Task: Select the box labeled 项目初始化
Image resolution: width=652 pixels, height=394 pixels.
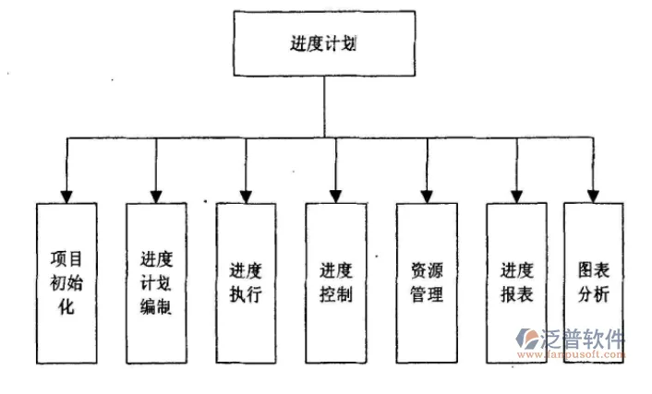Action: tap(66, 282)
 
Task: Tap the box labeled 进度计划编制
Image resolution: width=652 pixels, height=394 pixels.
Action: tap(156, 282)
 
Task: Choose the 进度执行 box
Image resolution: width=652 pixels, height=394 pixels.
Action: tap(246, 282)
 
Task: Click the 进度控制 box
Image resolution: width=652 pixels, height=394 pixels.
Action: tap(336, 282)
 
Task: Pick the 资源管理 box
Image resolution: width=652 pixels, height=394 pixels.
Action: tap(427, 282)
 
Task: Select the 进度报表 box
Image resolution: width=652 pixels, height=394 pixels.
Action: tap(517, 282)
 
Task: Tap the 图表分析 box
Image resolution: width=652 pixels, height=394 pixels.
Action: tap(593, 282)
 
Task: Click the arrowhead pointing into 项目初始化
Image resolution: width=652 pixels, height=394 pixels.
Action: tap(66, 195)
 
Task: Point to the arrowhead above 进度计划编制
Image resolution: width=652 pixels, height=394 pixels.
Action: tap(156, 195)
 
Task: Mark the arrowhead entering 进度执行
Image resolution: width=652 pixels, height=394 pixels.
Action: tap(246, 195)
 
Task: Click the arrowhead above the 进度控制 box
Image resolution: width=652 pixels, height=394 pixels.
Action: tap(336, 195)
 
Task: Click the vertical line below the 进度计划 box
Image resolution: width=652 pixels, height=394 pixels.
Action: tap(322, 106)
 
